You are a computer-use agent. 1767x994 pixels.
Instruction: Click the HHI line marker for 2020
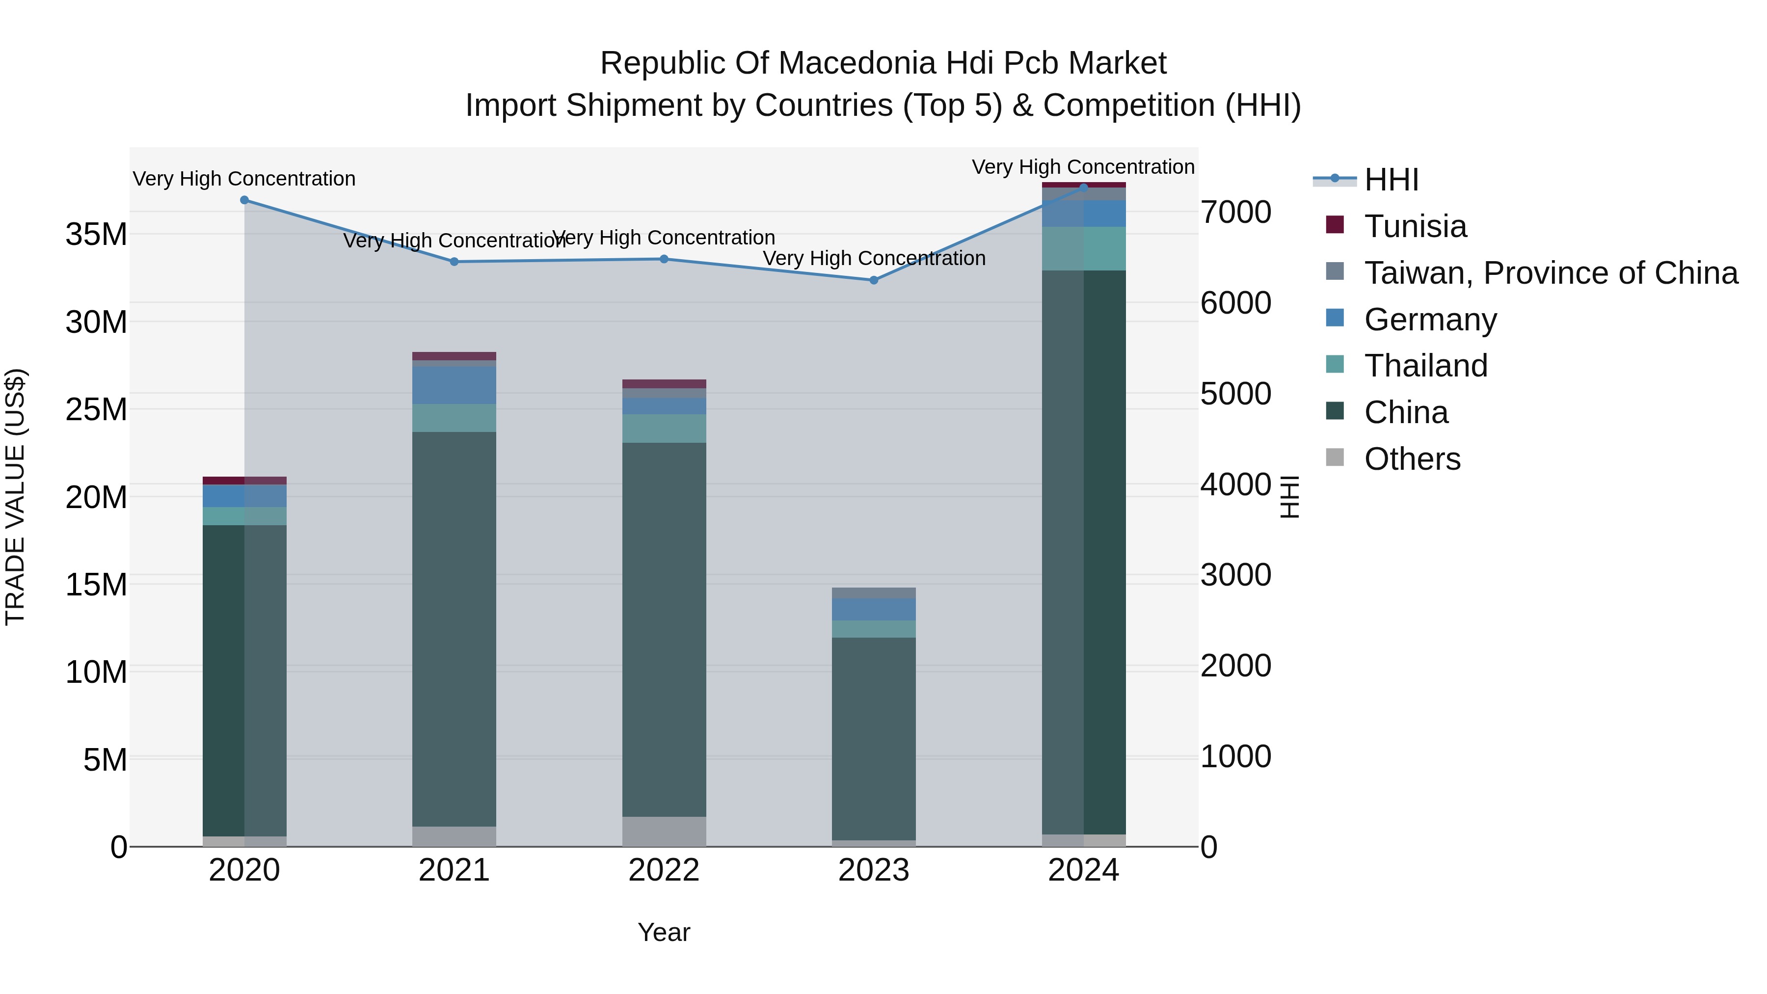click(x=244, y=200)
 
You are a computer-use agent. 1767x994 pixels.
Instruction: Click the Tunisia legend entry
click(x=1415, y=226)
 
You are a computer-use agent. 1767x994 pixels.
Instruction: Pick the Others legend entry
click(x=1412, y=459)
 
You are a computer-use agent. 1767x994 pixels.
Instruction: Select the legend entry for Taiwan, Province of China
click(x=1550, y=273)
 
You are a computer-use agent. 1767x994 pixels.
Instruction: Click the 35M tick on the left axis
click(x=96, y=235)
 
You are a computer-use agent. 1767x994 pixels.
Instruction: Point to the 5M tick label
click(x=104, y=760)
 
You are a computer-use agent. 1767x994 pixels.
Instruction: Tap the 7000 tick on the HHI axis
click(x=1235, y=213)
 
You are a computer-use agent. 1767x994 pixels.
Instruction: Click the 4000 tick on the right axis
click(x=1235, y=485)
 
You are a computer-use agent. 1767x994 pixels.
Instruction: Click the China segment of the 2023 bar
click(x=873, y=737)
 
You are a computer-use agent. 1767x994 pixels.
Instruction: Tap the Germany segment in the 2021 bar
click(x=454, y=385)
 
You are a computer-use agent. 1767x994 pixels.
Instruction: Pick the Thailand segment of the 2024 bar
click(x=1083, y=248)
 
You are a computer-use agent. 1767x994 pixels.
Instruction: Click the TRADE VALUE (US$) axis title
click(x=16, y=497)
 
